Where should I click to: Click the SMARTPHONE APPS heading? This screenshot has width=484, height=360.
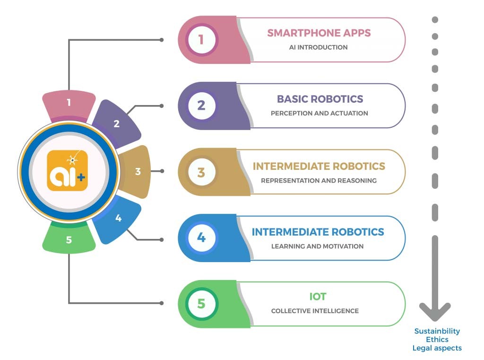(x=319, y=33)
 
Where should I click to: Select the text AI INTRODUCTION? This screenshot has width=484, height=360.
(x=318, y=47)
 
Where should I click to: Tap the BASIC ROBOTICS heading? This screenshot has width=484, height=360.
(x=320, y=99)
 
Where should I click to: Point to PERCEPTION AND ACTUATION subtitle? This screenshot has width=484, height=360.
(x=319, y=114)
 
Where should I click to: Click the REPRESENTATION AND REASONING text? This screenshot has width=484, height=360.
(x=319, y=180)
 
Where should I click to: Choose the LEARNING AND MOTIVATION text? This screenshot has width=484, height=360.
(x=317, y=246)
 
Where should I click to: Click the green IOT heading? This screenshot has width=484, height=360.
(x=318, y=297)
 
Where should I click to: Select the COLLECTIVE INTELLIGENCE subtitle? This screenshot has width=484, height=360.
(x=315, y=311)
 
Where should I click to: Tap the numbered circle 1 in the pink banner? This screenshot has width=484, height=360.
(x=201, y=39)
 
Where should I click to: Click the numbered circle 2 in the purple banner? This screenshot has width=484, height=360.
(x=201, y=105)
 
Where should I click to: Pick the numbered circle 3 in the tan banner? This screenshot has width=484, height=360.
(x=201, y=172)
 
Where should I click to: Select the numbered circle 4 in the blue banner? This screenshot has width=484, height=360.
(x=201, y=237)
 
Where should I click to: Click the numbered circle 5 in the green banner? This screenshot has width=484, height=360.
(x=201, y=304)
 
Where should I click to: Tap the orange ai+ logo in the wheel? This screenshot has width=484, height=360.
(x=68, y=171)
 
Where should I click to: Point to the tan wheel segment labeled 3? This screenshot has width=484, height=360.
(x=137, y=171)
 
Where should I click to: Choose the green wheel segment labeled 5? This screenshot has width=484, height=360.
(x=69, y=239)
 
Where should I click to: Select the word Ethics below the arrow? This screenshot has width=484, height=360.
(x=437, y=340)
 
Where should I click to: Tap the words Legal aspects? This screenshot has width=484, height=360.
(x=437, y=348)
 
